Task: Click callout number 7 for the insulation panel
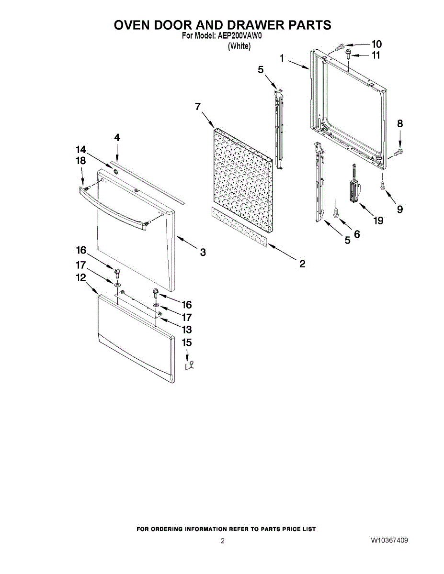[197, 107]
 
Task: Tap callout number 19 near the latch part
[379, 221]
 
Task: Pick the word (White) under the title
[239, 46]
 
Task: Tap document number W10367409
[389, 541]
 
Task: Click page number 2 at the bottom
[222, 541]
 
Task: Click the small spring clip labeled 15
[190, 365]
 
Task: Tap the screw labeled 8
[398, 152]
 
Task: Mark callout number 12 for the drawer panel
[80, 277]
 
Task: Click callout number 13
[186, 330]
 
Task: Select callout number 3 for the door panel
[203, 253]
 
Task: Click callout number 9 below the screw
[399, 209]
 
